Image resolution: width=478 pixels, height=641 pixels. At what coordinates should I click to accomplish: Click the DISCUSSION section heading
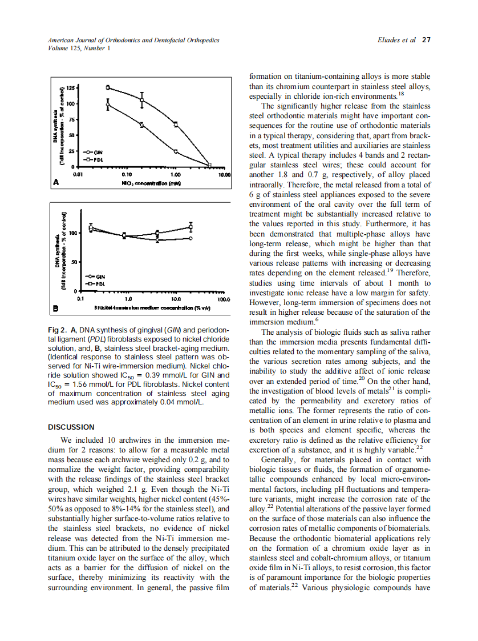click(71, 427)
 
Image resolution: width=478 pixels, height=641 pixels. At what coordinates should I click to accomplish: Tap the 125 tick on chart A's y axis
click(70, 87)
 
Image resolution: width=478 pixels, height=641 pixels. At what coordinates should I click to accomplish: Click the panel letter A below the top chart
click(56, 182)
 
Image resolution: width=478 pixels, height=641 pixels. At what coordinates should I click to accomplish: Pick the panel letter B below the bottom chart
click(56, 309)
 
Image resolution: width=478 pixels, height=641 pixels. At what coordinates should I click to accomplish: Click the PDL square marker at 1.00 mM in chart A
click(176, 124)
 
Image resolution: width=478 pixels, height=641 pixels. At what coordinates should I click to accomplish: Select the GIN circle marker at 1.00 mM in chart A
click(176, 151)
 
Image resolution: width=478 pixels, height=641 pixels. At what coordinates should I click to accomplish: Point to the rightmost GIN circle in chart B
click(191, 238)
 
